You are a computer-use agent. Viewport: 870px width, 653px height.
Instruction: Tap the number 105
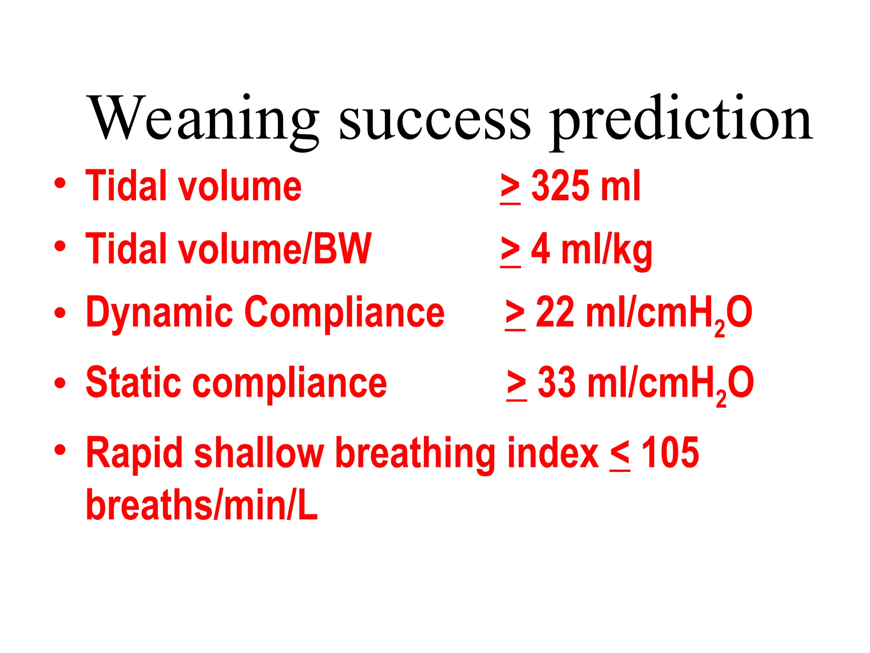670,453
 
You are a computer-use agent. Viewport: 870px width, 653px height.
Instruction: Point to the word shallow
259,453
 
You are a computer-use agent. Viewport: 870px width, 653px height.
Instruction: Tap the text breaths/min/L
202,505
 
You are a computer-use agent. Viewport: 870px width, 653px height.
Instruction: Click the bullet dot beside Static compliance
60,383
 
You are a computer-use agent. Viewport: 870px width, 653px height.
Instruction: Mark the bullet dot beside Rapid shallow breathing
60,450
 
